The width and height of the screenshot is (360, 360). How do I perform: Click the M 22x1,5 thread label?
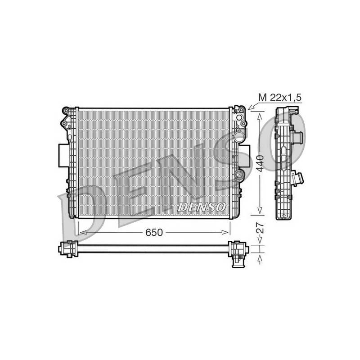coord(279,98)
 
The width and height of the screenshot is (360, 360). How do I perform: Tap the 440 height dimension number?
coord(260,163)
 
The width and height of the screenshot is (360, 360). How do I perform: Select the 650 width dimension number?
coord(154,232)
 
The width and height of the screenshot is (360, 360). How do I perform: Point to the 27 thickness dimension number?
coord(260,228)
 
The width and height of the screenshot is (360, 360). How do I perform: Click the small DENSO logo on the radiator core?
coord(201,207)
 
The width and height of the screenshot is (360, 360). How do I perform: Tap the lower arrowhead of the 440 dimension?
coord(260,210)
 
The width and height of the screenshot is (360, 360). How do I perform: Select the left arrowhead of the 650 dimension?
coord(83,233)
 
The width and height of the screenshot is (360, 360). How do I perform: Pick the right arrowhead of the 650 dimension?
coord(225,233)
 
